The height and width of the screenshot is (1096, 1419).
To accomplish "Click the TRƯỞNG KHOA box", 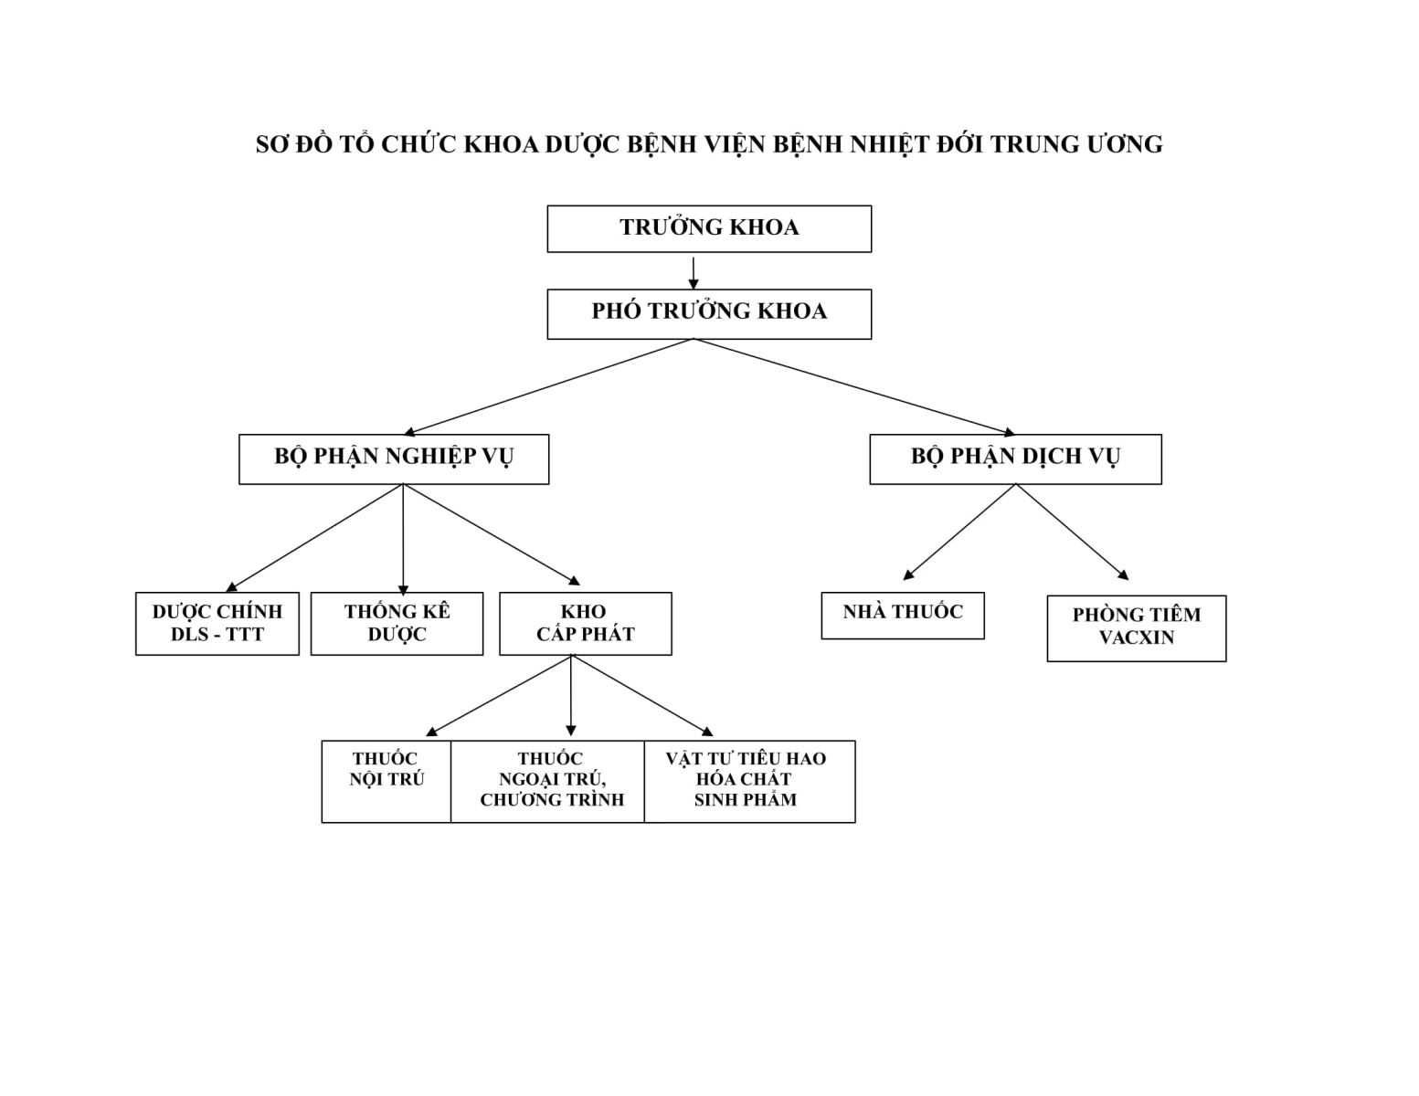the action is click(x=708, y=228).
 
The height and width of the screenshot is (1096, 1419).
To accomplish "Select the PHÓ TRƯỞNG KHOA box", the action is click(x=708, y=314).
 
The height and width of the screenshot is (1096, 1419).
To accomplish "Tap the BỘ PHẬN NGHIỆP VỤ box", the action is click(x=394, y=458).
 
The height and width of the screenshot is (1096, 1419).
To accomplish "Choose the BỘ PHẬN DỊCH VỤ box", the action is click(x=1015, y=458).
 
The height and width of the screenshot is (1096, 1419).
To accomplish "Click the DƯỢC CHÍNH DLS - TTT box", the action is click(x=217, y=624).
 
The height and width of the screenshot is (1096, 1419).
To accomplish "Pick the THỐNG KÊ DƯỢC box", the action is click(x=397, y=624).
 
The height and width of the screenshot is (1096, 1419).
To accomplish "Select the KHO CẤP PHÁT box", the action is click(x=585, y=624).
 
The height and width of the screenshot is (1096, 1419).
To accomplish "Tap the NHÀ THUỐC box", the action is click(x=903, y=615).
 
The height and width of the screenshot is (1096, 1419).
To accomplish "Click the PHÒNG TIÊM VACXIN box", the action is click(x=1137, y=628).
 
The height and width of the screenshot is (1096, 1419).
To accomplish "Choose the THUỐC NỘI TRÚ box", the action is click(x=386, y=782).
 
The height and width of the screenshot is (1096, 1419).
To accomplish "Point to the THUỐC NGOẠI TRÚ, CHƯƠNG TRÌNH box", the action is click(x=547, y=782).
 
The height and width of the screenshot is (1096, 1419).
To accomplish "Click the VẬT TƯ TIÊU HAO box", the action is click(x=749, y=782).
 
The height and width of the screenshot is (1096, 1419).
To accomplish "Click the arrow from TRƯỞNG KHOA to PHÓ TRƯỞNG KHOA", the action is click(x=694, y=273).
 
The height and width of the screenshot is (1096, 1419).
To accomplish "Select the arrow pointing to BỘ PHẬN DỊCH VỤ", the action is click(x=854, y=386).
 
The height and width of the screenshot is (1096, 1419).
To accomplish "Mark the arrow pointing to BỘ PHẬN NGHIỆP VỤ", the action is click(x=548, y=386).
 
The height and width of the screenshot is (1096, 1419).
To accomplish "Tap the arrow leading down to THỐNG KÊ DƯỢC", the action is click(x=403, y=539).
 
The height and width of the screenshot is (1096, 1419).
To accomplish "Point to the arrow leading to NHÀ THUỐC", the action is click(x=959, y=532).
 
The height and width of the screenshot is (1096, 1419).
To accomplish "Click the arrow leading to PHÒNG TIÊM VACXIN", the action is click(x=1073, y=532).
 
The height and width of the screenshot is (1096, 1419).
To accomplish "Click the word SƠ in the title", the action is click(x=271, y=144).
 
